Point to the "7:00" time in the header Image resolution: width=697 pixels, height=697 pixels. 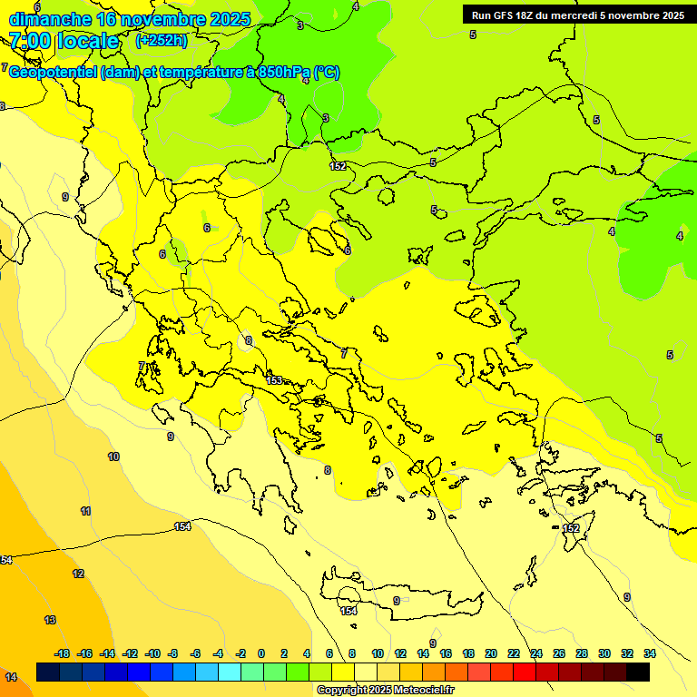click(x=29, y=41)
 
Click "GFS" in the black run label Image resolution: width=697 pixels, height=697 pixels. click(x=504, y=15)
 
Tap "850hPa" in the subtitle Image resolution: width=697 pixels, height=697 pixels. click(x=283, y=73)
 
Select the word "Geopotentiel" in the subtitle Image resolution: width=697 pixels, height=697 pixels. click(x=53, y=73)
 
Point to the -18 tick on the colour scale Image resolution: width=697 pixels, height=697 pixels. click(x=62, y=653)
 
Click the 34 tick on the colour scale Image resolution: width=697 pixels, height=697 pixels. click(x=650, y=653)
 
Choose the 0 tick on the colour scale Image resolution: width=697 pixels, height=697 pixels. click(x=261, y=653)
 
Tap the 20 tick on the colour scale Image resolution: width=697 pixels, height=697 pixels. click(x=491, y=653)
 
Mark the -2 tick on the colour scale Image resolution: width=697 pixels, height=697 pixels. click(x=240, y=653)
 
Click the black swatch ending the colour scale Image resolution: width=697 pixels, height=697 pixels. click(x=638, y=672)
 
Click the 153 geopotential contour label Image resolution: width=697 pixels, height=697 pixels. click(x=274, y=379)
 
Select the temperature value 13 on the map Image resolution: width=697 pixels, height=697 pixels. click(x=50, y=620)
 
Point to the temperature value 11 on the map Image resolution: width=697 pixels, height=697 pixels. click(x=85, y=511)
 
